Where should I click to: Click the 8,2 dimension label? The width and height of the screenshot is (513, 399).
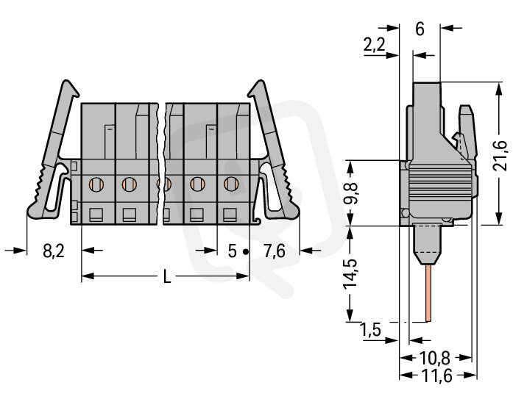(x=54, y=251)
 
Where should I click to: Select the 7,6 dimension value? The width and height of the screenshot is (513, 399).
(x=275, y=251)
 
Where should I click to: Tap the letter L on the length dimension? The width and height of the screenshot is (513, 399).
(x=167, y=277)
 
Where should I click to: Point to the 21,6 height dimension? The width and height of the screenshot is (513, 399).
(x=499, y=156)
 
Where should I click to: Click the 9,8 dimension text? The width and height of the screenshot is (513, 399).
(x=350, y=193)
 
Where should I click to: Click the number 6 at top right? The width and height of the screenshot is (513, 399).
(x=420, y=29)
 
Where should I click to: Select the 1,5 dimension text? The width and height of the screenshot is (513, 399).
(x=370, y=329)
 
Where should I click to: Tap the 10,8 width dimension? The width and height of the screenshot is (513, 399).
(x=435, y=358)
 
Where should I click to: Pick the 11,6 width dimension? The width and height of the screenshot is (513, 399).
(x=436, y=375)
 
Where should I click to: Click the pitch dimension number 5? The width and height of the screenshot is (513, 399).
(x=233, y=251)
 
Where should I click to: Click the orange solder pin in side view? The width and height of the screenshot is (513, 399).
(x=428, y=293)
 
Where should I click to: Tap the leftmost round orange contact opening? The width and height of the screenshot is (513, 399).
(x=96, y=184)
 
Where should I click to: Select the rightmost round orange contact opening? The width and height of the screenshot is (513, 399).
(x=231, y=184)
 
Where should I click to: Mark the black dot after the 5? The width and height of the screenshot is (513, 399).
(x=246, y=252)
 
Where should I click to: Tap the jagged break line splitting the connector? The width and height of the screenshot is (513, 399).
(x=161, y=164)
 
